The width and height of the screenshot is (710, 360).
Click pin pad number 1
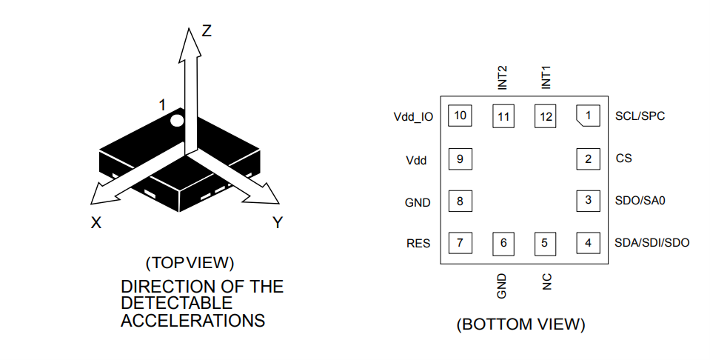(x=588, y=116)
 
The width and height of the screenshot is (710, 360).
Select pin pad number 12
(x=546, y=116)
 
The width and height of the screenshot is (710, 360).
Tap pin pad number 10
(x=461, y=116)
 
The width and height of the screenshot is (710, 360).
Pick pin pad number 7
(x=461, y=242)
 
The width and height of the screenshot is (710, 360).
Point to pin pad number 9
(x=461, y=159)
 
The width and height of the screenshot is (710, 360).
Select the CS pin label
(x=623, y=158)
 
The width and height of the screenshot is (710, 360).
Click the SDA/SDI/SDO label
(x=652, y=242)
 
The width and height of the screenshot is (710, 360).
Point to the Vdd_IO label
(x=413, y=117)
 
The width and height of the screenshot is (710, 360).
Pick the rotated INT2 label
(x=503, y=78)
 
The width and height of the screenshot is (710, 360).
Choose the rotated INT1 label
(x=546, y=78)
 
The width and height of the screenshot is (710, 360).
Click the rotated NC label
(x=546, y=281)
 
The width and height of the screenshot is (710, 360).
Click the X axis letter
(x=96, y=222)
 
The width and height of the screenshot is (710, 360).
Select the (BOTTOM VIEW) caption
(x=521, y=324)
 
